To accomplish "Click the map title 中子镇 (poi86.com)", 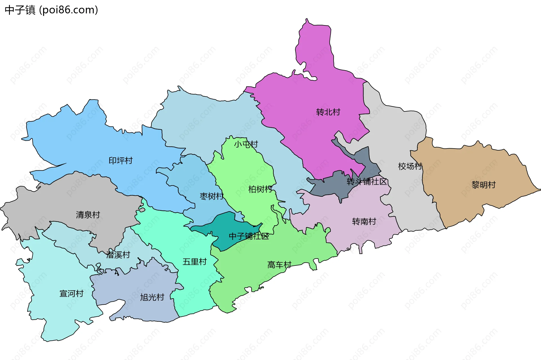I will coord(51,10).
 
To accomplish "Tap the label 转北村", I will coord(328,112).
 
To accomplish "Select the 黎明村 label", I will coord(484,185).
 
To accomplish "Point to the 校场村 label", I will coord(410,166).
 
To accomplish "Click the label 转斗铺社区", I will coord(367,182).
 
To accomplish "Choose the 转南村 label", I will coord(364,222).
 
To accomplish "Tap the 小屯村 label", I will coord(246,144).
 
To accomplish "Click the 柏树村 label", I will coord(260,189).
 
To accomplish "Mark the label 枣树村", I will coord(212,196).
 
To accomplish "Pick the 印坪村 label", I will coord(121,161).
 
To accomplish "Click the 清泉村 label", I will coord(88,215).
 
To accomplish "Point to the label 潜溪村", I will coord(118,255).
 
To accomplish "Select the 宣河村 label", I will coord(72,294).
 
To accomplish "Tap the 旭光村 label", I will coord(152,297).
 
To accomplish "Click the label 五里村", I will coord(194,262).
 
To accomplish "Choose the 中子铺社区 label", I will coord(249,236).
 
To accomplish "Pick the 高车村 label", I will coord(279,265).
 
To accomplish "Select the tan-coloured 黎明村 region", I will coord(465,203).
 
